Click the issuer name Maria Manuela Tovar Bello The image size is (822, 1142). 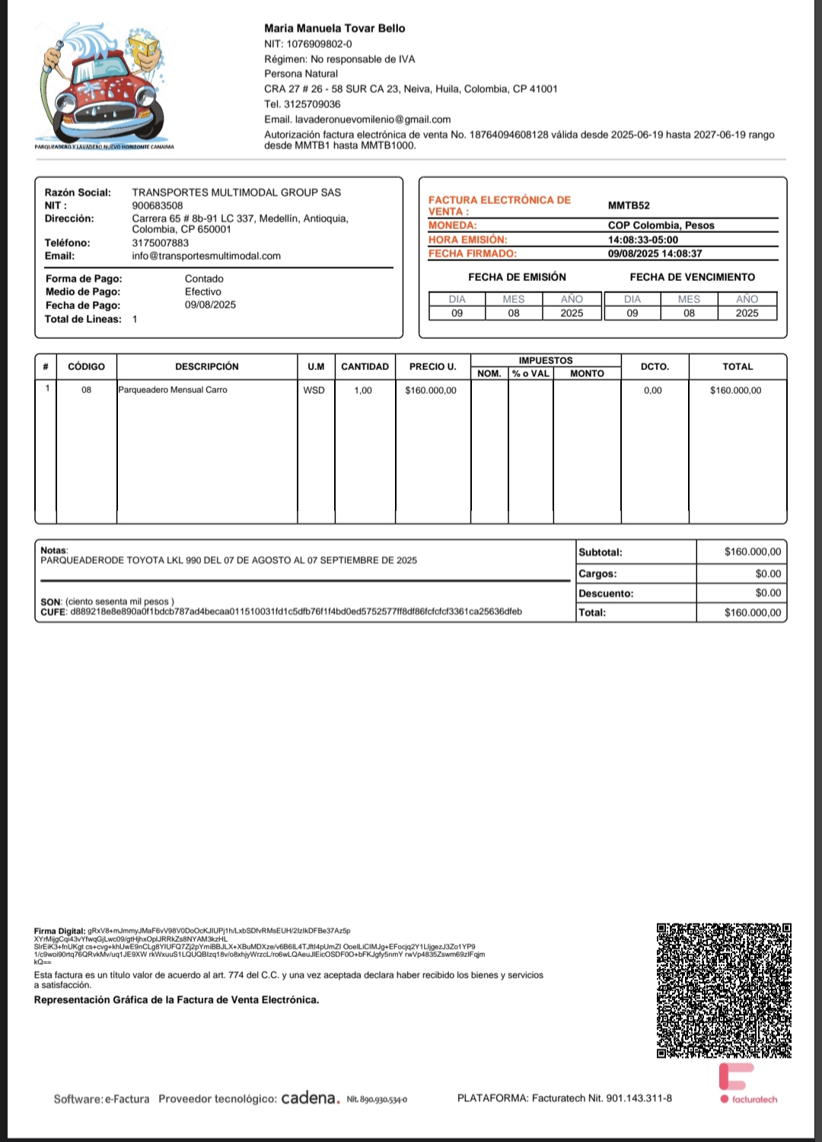coord(335,28)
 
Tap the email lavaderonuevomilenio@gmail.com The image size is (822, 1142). coord(373,120)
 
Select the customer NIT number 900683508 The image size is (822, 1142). coord(158,206)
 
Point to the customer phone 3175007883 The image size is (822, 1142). coord(161,243)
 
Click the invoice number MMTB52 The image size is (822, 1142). coord(629,206)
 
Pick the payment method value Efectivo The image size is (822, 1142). coord(203,292)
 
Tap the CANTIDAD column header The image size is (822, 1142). coord(365,367)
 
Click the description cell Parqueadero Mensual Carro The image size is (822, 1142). coord(173,390)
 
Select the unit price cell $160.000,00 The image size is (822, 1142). coord(431,391)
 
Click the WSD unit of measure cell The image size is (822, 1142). coord(314,391)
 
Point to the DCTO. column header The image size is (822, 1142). coord(655,367)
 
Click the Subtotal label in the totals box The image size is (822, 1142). coord(601,553)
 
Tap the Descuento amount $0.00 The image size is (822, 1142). coord(768,593)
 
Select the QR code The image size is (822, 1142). coord(724,990)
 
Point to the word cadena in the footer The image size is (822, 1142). coord(310,1098)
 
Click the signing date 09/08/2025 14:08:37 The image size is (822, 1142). coord(655,254)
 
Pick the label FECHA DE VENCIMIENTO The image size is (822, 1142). coord(692,277)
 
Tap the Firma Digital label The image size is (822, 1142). coord(59,931)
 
